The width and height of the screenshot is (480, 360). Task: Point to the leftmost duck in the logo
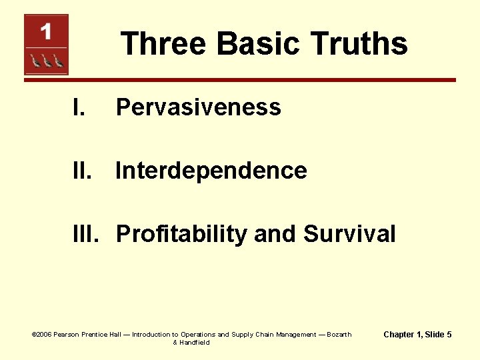(34, 62)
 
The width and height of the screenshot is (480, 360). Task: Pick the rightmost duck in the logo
(59, 62)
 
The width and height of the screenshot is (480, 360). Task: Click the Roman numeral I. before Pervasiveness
(79, 107)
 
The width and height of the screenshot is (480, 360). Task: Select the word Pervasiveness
(198, 107)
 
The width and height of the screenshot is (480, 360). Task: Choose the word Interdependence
(211, 171)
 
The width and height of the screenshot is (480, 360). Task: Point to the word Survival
(349, 234)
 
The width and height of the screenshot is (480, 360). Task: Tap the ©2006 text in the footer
(41, 335)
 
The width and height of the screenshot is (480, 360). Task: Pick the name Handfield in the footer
(195, 343)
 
